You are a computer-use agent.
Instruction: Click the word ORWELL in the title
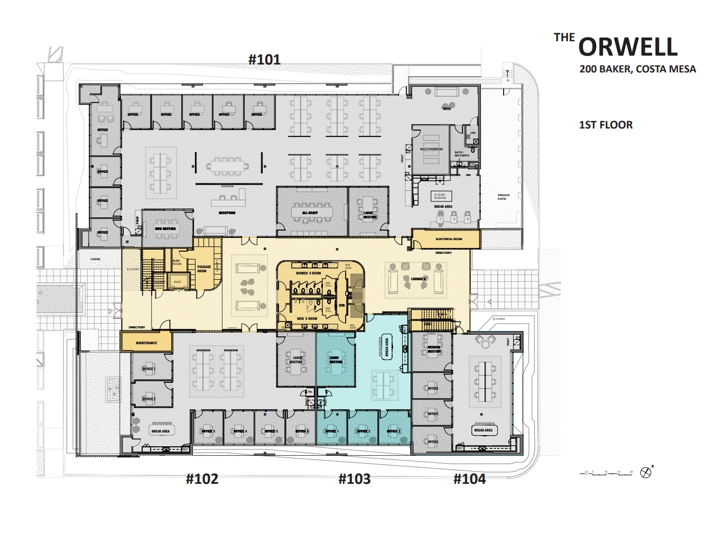click(x=628, y=47)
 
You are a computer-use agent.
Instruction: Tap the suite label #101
click(x=264, y=59)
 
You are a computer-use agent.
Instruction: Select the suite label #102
click(x=202, y=479)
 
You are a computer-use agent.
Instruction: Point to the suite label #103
click(x=354, y=479)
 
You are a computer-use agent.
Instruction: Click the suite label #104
click(x=469, y=479)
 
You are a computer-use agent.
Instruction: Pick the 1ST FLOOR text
click(x=606, y=125)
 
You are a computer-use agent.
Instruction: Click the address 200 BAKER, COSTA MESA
click(x=637, y=69)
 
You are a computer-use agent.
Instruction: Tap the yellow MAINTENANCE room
click(x=146, y=343)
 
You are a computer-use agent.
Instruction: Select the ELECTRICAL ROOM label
click(x=449, y=239)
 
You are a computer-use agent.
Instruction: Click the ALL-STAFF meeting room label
click(x=310, y=213)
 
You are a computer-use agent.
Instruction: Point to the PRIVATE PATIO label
click(x=504, y=197)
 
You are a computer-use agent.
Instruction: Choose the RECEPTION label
click(x=227, y=213)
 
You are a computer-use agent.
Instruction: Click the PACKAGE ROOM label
click(x=204, y=269)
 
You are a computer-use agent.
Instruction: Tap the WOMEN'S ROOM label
click(x=308, y=273)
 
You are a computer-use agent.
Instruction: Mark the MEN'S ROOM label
click(x=307, y=318)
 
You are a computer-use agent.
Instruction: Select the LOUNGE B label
click(x=419, y=279)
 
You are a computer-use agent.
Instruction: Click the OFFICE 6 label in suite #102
click(x=302, y=431)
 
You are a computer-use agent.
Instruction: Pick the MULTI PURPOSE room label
click(x=432, y=149)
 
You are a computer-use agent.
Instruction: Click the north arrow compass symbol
click(x=645, y=473)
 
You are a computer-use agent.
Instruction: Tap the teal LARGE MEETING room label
click(x=335, y=360)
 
